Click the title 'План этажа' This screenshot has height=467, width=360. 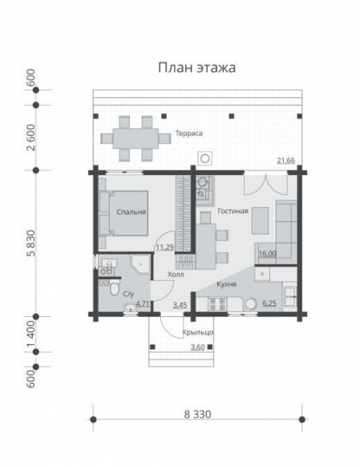pyautogui.click(x=197, y=68)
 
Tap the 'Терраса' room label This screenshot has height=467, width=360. pyautogui.click(x=189, y=133)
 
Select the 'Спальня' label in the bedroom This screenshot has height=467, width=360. pyautogui.click(x=132, y=211)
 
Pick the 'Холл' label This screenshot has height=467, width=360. pyautogui.click(x=176, y=275)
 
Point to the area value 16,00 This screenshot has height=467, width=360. pyautogui.click(x=267, y=253)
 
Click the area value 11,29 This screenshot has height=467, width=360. pyautogui.click(x=164, y=248)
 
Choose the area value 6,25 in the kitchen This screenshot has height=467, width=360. pyautogui.click(x=270, y=304)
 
